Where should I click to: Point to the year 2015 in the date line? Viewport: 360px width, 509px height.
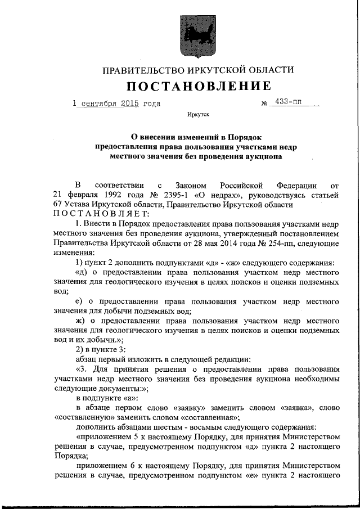[129, 103]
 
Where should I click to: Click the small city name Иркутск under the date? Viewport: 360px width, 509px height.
[198, 116]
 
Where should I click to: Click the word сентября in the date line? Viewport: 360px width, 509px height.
[98, 103]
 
